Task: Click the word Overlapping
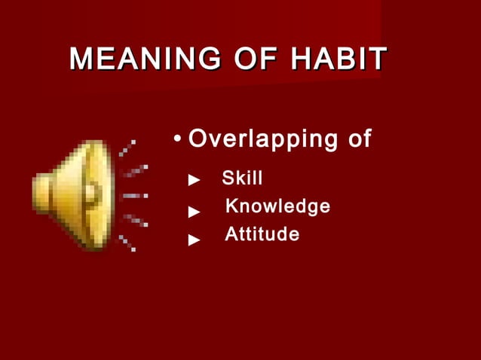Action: [x=263, y=139]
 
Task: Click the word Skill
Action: [x=242, y=179]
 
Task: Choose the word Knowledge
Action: [x=277, y=206]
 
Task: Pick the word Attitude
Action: [x=262, y=235]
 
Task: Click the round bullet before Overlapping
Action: [x=176, y=139]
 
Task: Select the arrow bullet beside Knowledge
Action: [x=195, y=212]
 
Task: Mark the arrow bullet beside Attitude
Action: [x=195, y=239]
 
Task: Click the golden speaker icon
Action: [x=72, y=194]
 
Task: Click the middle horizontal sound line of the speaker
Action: [x=133, y=195]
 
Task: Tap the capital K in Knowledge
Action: [x=232, y=206]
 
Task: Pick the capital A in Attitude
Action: [x=231, y=235]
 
